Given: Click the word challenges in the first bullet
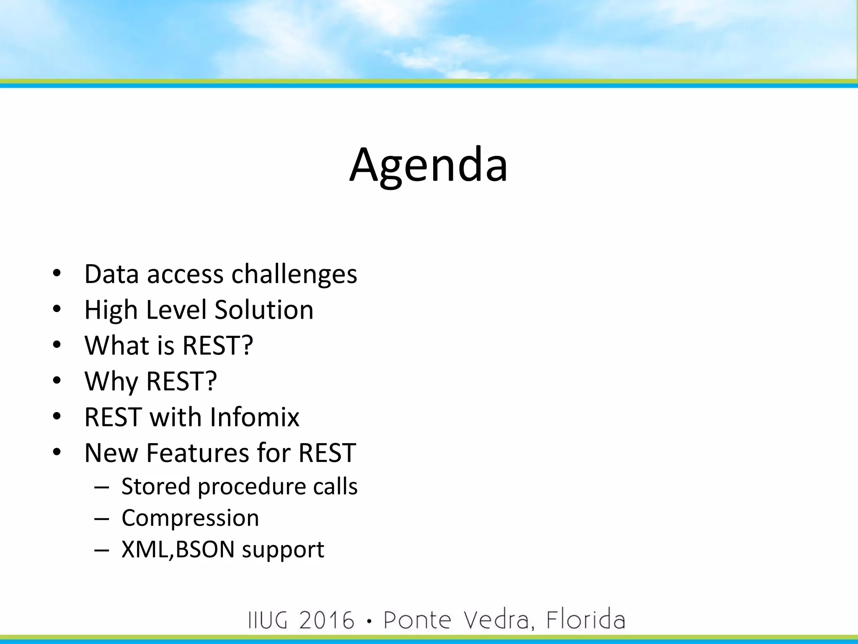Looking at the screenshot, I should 294,275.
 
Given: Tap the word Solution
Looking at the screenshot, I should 264,310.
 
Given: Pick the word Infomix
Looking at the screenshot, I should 254,417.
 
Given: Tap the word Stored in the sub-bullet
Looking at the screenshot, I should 156,487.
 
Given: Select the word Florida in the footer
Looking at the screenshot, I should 585,620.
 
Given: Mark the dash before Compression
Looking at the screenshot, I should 101,519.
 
